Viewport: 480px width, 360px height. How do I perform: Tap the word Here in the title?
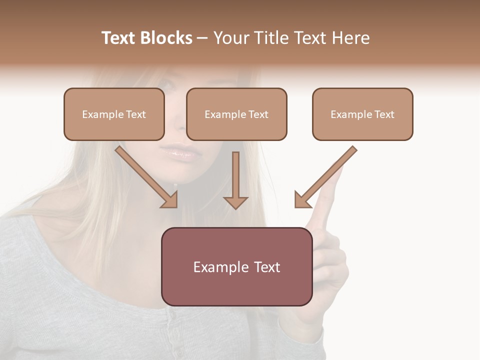coord(349,38)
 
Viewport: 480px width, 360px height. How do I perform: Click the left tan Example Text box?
coord(114,114)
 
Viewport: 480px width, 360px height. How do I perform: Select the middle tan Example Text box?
coord(236,114)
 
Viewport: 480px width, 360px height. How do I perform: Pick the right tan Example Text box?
coord(362,114)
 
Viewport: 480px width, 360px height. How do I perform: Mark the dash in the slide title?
coord(202,38)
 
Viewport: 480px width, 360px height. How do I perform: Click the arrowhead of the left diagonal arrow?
coord(170,200)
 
